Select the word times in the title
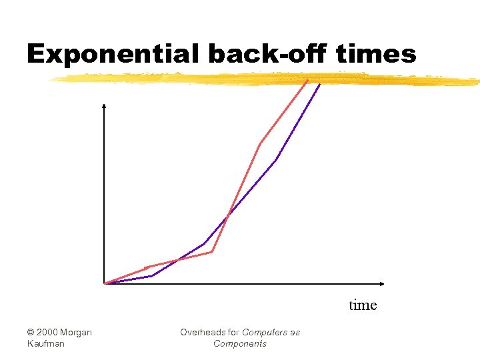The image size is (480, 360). [377, 53]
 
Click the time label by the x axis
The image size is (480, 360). [363, 305]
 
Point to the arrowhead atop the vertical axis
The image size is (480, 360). [104, 105]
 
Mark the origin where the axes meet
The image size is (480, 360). [105, 283]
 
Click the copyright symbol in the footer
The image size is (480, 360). [31, 333]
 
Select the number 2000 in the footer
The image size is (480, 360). [49, 333]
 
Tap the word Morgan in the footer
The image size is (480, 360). [77, 333]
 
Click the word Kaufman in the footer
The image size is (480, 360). [47, 344]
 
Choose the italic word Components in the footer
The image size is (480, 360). [240, 344]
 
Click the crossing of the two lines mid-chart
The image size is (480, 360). [227, 217]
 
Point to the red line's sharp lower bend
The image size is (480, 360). [211, 252]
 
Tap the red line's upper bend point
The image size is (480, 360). [260, 143]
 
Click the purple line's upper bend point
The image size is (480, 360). [276, 160]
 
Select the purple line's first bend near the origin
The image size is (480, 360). [152, 275]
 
